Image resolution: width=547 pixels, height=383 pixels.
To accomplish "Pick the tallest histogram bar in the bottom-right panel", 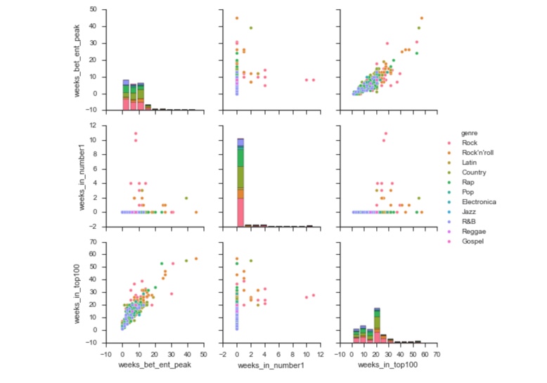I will pyautogui.click(x=378, y=325).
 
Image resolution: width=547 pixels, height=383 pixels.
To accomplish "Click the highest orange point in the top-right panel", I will pyautogui.click(x=421, y=18).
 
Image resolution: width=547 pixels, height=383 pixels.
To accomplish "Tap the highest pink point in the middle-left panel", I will pyautogui.click(x=136, y=133).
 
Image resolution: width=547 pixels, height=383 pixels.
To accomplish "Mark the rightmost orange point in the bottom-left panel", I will pyautogui.click(x=196, y=258).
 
